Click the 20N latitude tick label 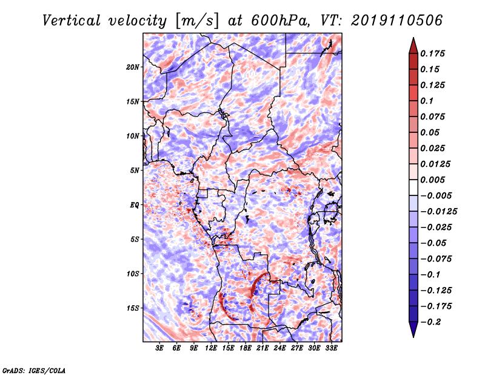click(132, 67)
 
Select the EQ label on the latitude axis click(134, 205)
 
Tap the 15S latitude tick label click(132, 308)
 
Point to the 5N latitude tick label click(134, 171)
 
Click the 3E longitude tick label click(159, 348)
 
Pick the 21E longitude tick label click(263, 348)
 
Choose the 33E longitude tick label click(331, 348)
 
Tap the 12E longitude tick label click(211, 348)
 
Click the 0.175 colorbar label click(432, 53)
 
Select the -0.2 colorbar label click(430, 322)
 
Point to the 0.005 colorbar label click(432, 180)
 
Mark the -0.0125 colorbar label click(438, 212)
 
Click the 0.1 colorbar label click(427, 101)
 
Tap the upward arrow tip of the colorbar click(413, 38)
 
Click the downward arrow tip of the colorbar click(413, 337)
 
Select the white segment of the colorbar click(413, 187)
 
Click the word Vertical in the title click(72, 21)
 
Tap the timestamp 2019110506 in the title click(397, 21)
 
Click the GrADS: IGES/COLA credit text click(34, 371)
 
